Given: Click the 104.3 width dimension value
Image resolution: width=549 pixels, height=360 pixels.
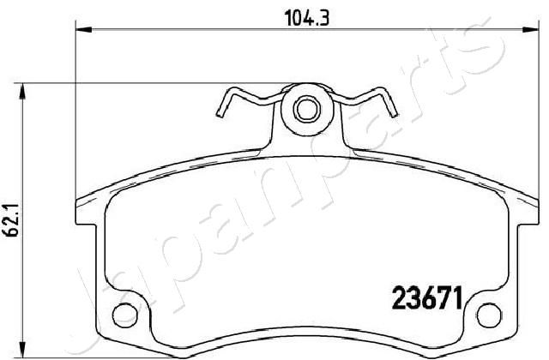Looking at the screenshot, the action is point(307,18).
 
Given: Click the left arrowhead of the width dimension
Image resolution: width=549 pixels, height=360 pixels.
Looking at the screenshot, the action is point(84,30).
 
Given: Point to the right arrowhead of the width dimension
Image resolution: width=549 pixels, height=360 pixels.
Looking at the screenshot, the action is point(530,30).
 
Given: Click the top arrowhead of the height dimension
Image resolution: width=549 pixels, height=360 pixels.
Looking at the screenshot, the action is point(23,92).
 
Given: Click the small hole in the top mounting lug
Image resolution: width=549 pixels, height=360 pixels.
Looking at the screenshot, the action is point(307,109).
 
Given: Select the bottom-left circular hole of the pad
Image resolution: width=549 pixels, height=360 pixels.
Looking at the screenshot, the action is point(125,315).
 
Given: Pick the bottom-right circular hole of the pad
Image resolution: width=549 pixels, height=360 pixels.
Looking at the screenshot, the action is point(489,315).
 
